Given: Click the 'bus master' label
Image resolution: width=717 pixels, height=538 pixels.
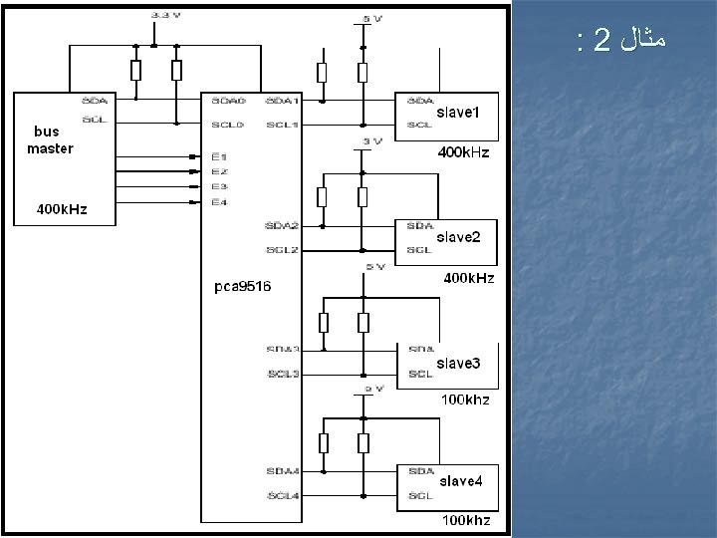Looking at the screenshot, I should tap(50, 140).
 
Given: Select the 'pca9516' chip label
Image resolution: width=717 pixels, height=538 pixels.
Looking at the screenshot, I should tap(243, 287).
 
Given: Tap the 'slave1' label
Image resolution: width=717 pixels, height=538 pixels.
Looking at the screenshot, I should tap(458, 113).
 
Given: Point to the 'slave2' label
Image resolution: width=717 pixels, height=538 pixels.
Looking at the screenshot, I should tap(458, 238).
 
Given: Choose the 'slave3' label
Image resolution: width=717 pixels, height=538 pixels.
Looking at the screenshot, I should tap(458, 363).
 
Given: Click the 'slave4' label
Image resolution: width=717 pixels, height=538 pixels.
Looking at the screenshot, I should tap(461, 482).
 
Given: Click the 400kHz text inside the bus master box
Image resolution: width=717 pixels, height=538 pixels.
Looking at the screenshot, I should tap(62, 210).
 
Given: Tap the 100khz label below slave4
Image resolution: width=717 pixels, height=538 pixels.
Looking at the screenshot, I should tap(466, 521).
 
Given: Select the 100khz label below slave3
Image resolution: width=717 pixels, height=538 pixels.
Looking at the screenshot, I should tap(466, 400).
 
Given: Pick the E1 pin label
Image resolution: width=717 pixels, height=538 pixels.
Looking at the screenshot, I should tap(219, 156).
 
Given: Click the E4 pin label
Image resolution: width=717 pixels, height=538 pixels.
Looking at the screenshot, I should tap(219, 202).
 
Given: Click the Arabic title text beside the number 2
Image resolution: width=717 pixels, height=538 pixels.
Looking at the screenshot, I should tap(640, 41).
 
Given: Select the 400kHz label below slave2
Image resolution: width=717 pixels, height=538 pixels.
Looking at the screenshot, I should tap(468, 278).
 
